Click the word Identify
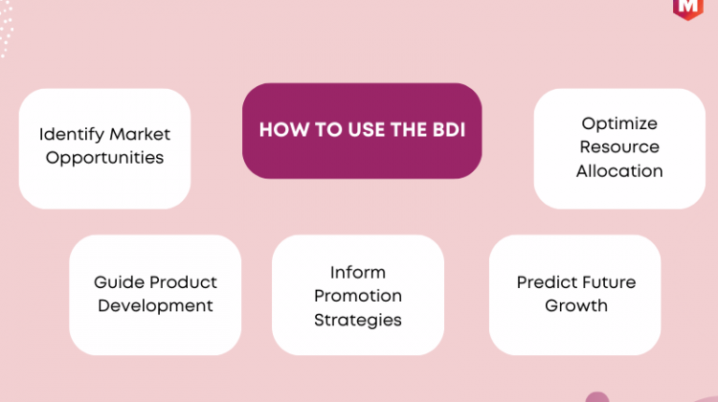tap(72, 135)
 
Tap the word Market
tap(140, 134)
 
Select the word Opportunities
tap(104, 159)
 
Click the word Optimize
tap(619, 124)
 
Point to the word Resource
tap(619, 147)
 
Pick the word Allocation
tap(619, 170)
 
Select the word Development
tap(155, 306)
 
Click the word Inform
tap(358, 273)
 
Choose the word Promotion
tap(358, 296)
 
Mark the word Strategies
tap(358, 320)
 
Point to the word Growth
tap(576, 305)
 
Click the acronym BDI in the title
tap(449, 130)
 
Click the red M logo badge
tap(687, 9)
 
